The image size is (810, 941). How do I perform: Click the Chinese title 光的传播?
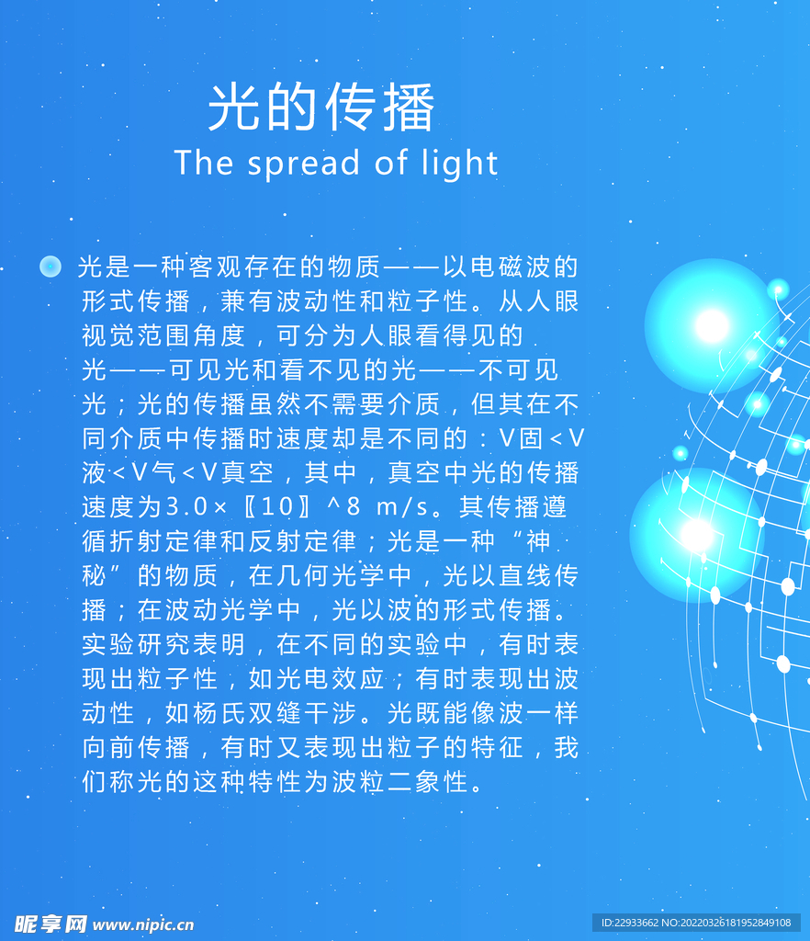321,108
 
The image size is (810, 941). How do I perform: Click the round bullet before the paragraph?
51,266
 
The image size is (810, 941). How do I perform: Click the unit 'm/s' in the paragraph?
402,507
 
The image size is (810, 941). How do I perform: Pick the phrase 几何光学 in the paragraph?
331,576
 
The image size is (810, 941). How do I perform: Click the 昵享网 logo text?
51,924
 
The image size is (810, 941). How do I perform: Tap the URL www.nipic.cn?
143,924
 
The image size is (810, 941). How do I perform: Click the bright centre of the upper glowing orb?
712,326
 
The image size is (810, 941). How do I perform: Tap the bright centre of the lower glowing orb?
697,535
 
